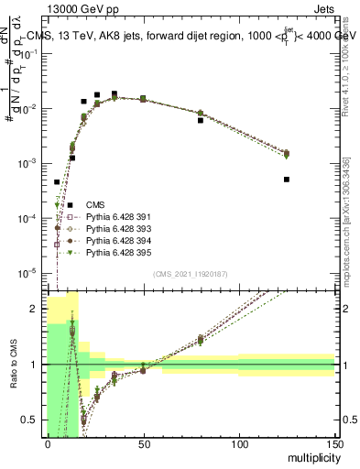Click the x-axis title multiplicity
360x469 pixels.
pos(308,456)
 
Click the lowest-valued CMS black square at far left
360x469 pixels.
pos(57,182)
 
